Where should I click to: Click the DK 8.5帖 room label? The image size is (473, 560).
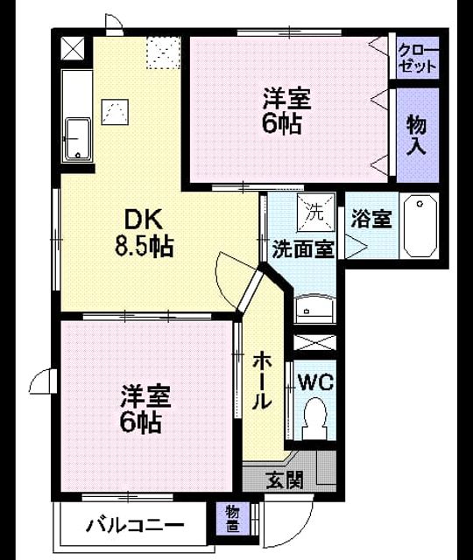click(144, 233)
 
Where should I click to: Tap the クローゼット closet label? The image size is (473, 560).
click(418, 59)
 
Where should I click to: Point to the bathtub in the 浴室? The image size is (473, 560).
click(420, 226)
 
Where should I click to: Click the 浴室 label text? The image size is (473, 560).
click(371, 219)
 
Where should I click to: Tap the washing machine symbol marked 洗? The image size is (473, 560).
click(316, 212)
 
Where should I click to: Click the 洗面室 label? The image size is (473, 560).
click(303, 249)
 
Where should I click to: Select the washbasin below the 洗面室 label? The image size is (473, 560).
click(315, 309)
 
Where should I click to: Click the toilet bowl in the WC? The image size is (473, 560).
click(314, 418)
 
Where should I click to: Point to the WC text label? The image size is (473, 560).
click(316, 382)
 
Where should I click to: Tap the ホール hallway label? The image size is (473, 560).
click(262, 381)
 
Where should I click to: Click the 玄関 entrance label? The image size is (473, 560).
click(285, 480)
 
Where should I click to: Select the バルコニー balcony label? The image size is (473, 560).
click(135, 525)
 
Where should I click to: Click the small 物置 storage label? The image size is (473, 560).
click(233, 520)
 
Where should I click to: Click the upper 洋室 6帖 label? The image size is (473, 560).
click(286, 110)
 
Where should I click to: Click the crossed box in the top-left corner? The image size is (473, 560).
click(73, 48)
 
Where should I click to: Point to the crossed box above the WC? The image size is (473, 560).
click(314, 342)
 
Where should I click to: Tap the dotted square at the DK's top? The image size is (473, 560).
click(163, 52)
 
